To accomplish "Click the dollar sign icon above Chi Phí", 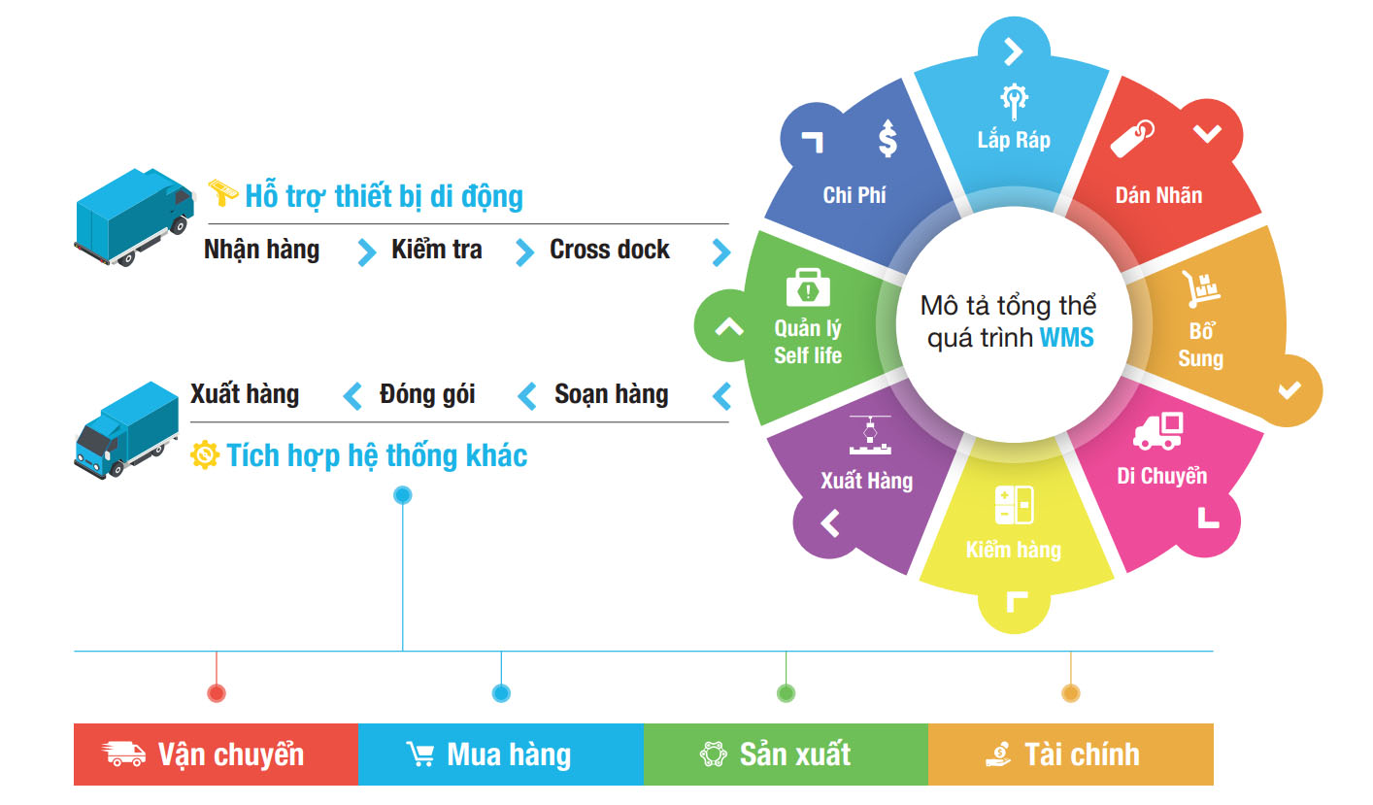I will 887,138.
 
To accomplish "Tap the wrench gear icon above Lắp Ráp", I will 1014,99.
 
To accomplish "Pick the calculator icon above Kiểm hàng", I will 1014,506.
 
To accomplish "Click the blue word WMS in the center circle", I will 1066,339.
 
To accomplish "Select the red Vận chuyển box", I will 216,755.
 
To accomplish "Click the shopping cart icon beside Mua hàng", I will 420,755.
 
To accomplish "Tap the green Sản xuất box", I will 786,755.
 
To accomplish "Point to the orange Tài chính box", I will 1070,755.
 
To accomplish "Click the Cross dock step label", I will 610,250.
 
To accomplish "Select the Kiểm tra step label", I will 436,250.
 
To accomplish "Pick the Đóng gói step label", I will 428,394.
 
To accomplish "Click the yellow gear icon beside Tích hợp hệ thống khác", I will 205,454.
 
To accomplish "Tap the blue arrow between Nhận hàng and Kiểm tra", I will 366,252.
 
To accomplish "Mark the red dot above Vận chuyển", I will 217,693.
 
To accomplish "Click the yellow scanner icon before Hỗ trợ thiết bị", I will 223,191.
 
